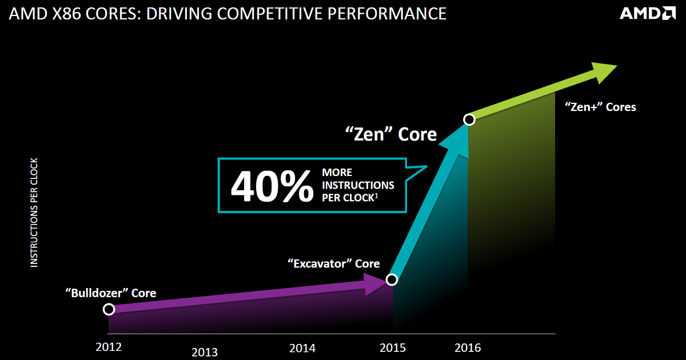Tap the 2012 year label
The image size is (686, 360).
[109, 346]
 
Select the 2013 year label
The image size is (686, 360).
[205, 352]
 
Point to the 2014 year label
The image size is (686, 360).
[302, 347]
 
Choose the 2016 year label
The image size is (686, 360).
[468, 347]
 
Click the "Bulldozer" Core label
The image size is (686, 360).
[110, 293]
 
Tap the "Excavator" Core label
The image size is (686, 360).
[333, 263]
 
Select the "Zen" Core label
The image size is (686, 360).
[391, 135]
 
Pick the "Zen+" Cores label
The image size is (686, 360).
[600, 107]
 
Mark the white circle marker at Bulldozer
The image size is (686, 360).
[109, 309]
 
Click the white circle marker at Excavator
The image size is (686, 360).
[392, 279]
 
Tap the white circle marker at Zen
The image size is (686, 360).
[469, 119]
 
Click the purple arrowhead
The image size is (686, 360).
[377, 284]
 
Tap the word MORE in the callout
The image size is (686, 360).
[337, 172]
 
